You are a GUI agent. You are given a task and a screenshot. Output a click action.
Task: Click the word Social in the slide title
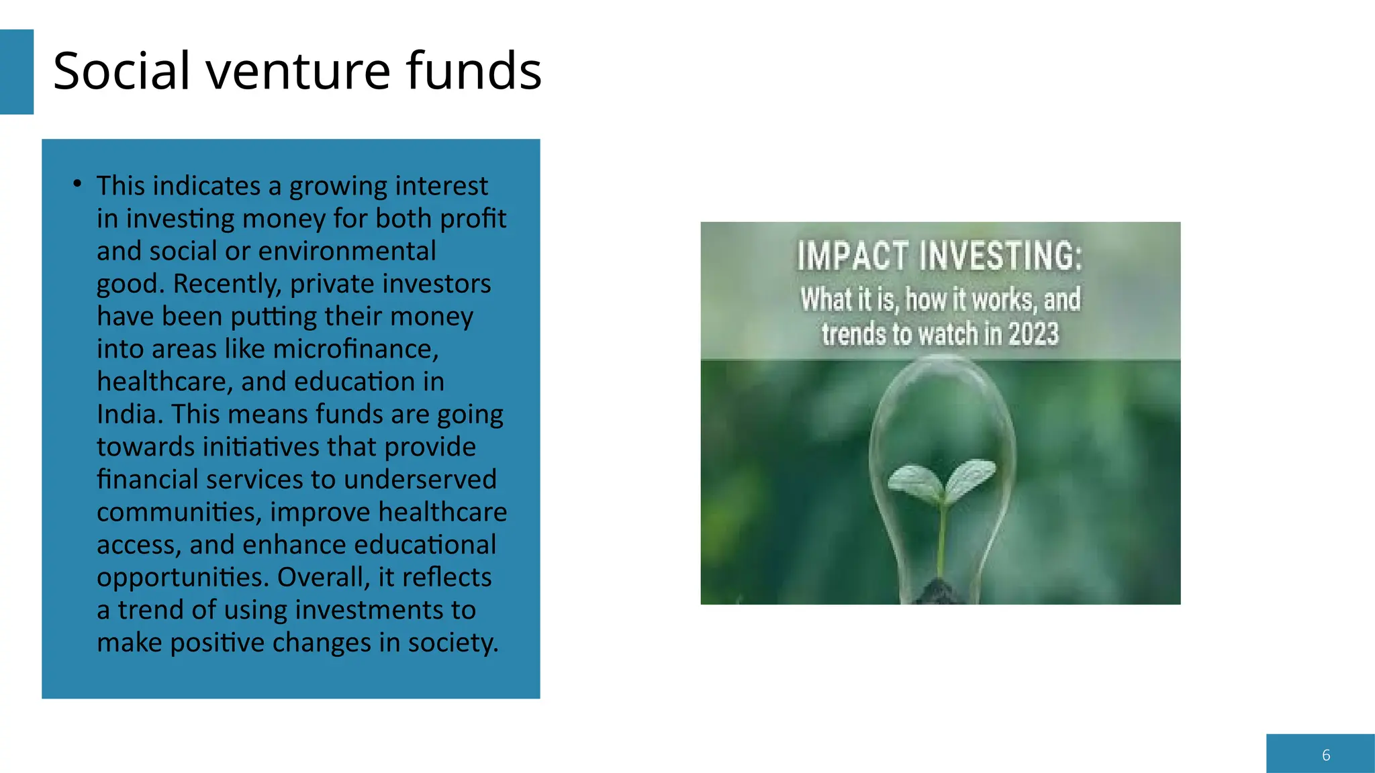coord(122,71)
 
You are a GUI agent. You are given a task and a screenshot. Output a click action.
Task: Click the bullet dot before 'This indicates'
coord(78,183)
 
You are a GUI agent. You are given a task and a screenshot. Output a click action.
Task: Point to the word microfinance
coord(355,349)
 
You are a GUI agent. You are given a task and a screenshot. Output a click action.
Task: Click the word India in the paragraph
coord(129,414)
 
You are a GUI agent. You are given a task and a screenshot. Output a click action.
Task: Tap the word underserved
coord(420,479)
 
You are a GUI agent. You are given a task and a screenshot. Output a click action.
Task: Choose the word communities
coord(179,512)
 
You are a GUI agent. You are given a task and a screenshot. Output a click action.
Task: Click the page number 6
coord(1326,755)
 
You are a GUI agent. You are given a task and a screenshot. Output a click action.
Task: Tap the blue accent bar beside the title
coord(16,72)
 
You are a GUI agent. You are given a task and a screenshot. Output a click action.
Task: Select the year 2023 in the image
coord(1033,334)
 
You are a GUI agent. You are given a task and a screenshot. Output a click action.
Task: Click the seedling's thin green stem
coord(943,537)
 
